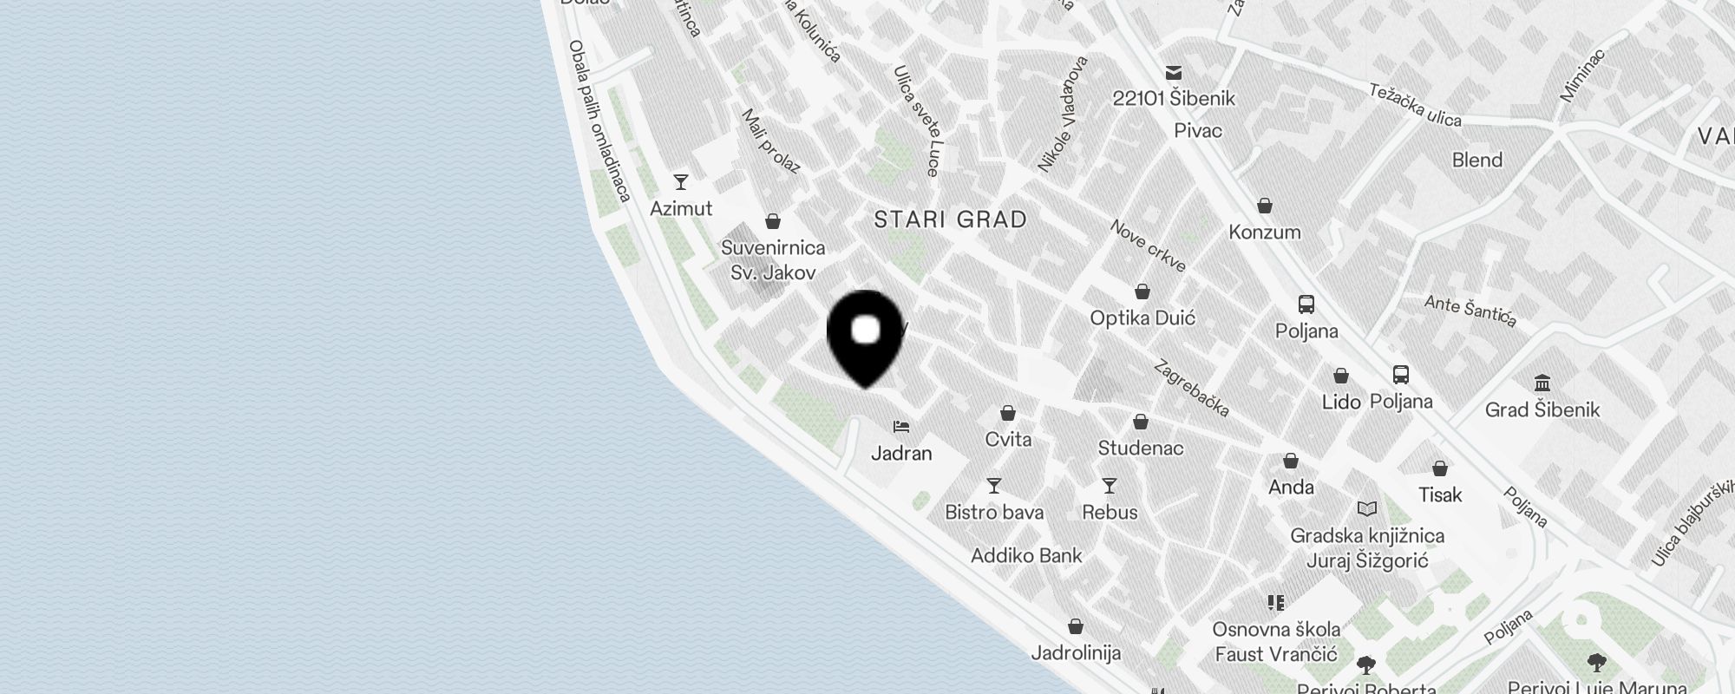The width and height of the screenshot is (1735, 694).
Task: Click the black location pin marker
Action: (x=866, y=334)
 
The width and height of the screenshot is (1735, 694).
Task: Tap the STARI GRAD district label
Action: (x=950, y=219)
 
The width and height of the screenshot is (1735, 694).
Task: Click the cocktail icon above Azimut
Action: (x=681, y=182)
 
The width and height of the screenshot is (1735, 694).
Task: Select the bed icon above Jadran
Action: (x=901, y=427)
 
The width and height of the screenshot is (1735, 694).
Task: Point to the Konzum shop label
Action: (x=1265, y=232)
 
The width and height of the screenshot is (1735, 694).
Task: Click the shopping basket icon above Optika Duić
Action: (x=1142, y=291)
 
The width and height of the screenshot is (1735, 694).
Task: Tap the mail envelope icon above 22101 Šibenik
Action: (x=1174, y=72)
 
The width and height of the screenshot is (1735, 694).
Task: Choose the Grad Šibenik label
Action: (x=1542, y=409)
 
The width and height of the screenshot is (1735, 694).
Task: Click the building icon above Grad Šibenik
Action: (x=1542, y=383)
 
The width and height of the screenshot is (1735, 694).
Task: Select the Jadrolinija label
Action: (x=1076, y=652)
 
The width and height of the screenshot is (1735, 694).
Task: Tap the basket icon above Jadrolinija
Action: (x=1076, y=626)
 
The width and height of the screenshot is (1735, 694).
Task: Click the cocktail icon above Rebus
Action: (x=1110, y=486)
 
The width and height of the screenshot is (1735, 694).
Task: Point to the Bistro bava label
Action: (x=994, y=512)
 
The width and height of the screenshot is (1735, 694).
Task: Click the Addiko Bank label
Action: (x=1026, y=555)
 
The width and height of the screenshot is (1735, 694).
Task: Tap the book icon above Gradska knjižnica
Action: (x=1367, y=508)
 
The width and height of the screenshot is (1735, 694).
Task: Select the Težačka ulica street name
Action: (x=1415, y=105)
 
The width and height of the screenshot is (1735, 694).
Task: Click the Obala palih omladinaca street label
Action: (x=599, y=121)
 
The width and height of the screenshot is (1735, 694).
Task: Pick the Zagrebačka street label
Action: (x=1191, y=388)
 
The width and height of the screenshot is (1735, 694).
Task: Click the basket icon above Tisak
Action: (x=1440, y=468)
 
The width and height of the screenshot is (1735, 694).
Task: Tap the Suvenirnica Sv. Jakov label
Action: (x=773, y=259)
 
